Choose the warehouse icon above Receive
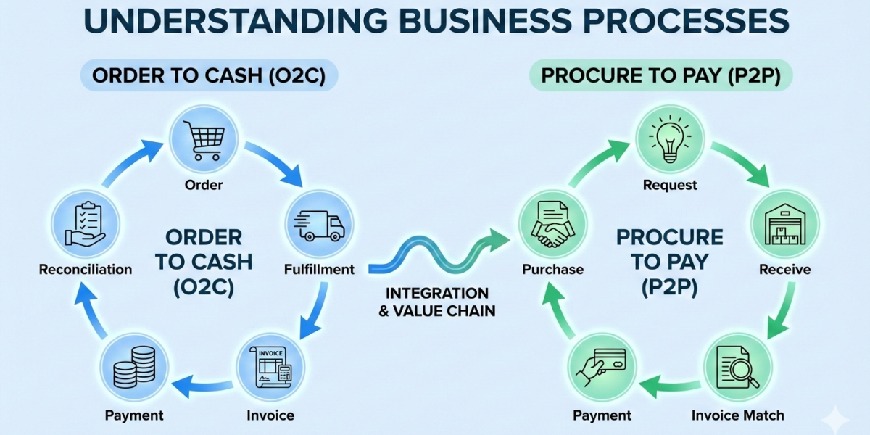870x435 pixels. pos(784,224)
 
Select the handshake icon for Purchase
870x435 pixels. pos(552,224)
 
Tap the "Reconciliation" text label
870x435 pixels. pos(86,270)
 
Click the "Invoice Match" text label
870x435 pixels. pos(737,415)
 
